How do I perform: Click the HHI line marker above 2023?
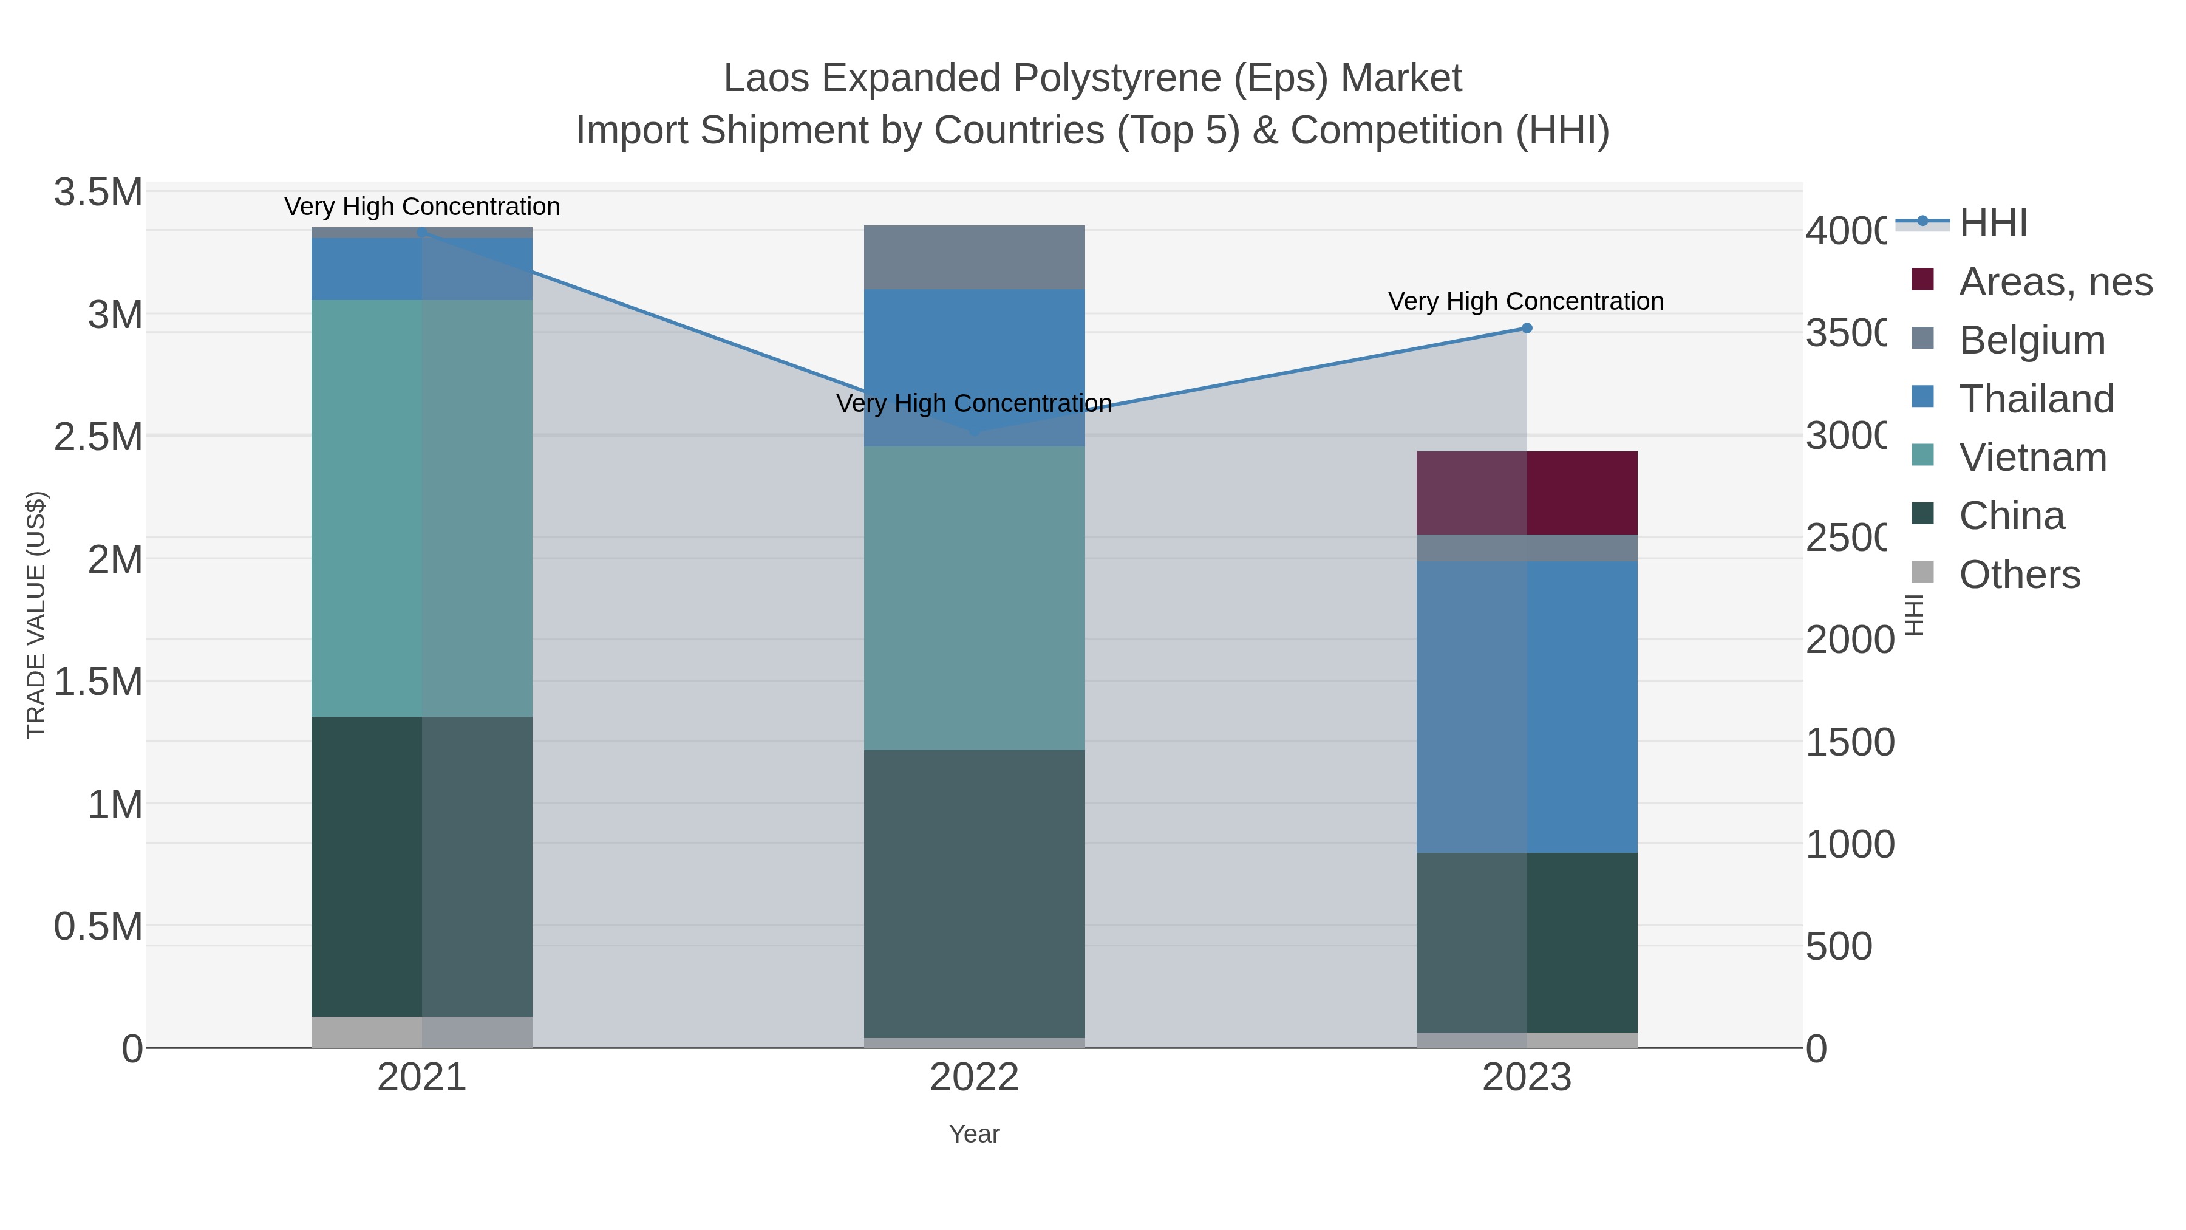1526,329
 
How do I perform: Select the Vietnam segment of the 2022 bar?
974,598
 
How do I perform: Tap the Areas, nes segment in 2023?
1527,493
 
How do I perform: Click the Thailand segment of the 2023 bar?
1527,706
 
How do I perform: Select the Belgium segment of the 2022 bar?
974,257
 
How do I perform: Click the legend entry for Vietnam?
2032,457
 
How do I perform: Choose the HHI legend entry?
1992,224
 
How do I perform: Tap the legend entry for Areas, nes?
2054,282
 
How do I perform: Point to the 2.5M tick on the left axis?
98,437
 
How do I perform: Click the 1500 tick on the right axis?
1848,743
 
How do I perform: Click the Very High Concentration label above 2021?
422,207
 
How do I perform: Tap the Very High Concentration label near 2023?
1525,301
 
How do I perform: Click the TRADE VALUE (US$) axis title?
36,615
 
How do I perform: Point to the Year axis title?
974,1134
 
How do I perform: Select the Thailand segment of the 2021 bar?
422,268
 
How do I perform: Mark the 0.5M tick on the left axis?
98,926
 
